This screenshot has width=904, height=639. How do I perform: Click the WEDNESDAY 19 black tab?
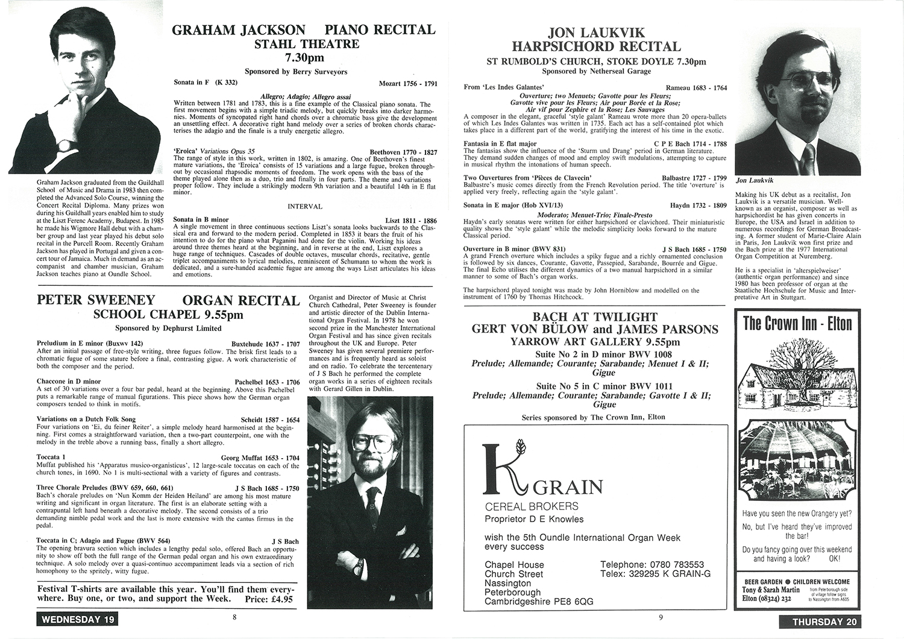click(x=76, y=619)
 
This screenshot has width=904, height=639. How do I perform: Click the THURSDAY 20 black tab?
click(x=820, y=622)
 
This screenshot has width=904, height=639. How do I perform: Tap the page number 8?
click(x=234, y=617)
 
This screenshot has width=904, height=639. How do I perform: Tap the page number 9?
click(x=661, y=617)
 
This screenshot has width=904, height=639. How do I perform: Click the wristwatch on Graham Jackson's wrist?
click(x=63, y=145)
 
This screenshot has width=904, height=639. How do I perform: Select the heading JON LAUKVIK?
click(x=596, y=33)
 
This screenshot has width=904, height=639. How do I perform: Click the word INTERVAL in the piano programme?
click(x=304, y=207)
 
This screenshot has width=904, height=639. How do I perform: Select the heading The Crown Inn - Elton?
click(x=797, y=324)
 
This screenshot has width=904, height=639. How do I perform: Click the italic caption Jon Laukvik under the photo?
click(x=753, y=180)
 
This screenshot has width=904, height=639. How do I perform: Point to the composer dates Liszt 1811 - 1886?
click(x=411, y=220)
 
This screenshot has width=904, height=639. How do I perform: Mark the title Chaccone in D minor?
click(x=69, y=382)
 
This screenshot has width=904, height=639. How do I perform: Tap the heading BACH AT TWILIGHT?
click(x=595, y=317)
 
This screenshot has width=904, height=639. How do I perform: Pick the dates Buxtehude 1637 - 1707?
click(x=265, y=344)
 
